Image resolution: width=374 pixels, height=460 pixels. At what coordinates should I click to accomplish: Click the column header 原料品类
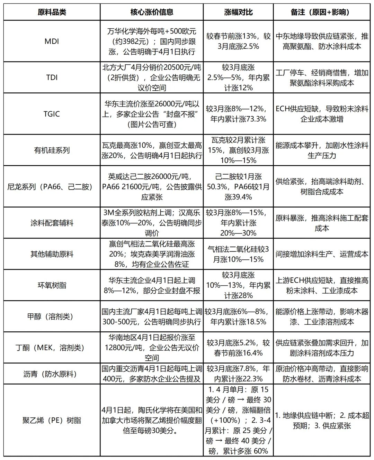click(52, 12)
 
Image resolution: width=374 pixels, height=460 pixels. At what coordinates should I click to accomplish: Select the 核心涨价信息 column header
click(152, 12)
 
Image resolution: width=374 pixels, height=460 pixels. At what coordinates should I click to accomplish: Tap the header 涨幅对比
click(238, 12)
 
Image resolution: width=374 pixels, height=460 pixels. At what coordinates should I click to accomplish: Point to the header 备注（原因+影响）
click(322, 12)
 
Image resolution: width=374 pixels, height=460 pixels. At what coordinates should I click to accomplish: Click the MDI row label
click(52, 42)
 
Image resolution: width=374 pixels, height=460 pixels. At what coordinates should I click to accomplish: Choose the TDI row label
click(52, 77)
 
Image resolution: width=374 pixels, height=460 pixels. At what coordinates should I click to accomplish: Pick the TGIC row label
click(52, 114)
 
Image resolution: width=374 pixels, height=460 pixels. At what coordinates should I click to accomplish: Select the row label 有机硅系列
click(52, 150)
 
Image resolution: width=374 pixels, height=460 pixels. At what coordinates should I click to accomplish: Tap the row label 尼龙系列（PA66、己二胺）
click(52, 187)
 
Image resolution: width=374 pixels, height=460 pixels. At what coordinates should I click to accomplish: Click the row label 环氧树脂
click(52, 285)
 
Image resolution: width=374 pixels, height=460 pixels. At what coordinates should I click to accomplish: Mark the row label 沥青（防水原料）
click(52, 374)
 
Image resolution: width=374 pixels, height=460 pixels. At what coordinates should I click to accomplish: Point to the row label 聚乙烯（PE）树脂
click(52, 421)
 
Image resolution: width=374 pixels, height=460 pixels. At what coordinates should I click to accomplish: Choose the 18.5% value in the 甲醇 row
click(254, 322)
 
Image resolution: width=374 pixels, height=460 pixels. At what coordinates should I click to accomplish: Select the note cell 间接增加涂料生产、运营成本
click(322, 254)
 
